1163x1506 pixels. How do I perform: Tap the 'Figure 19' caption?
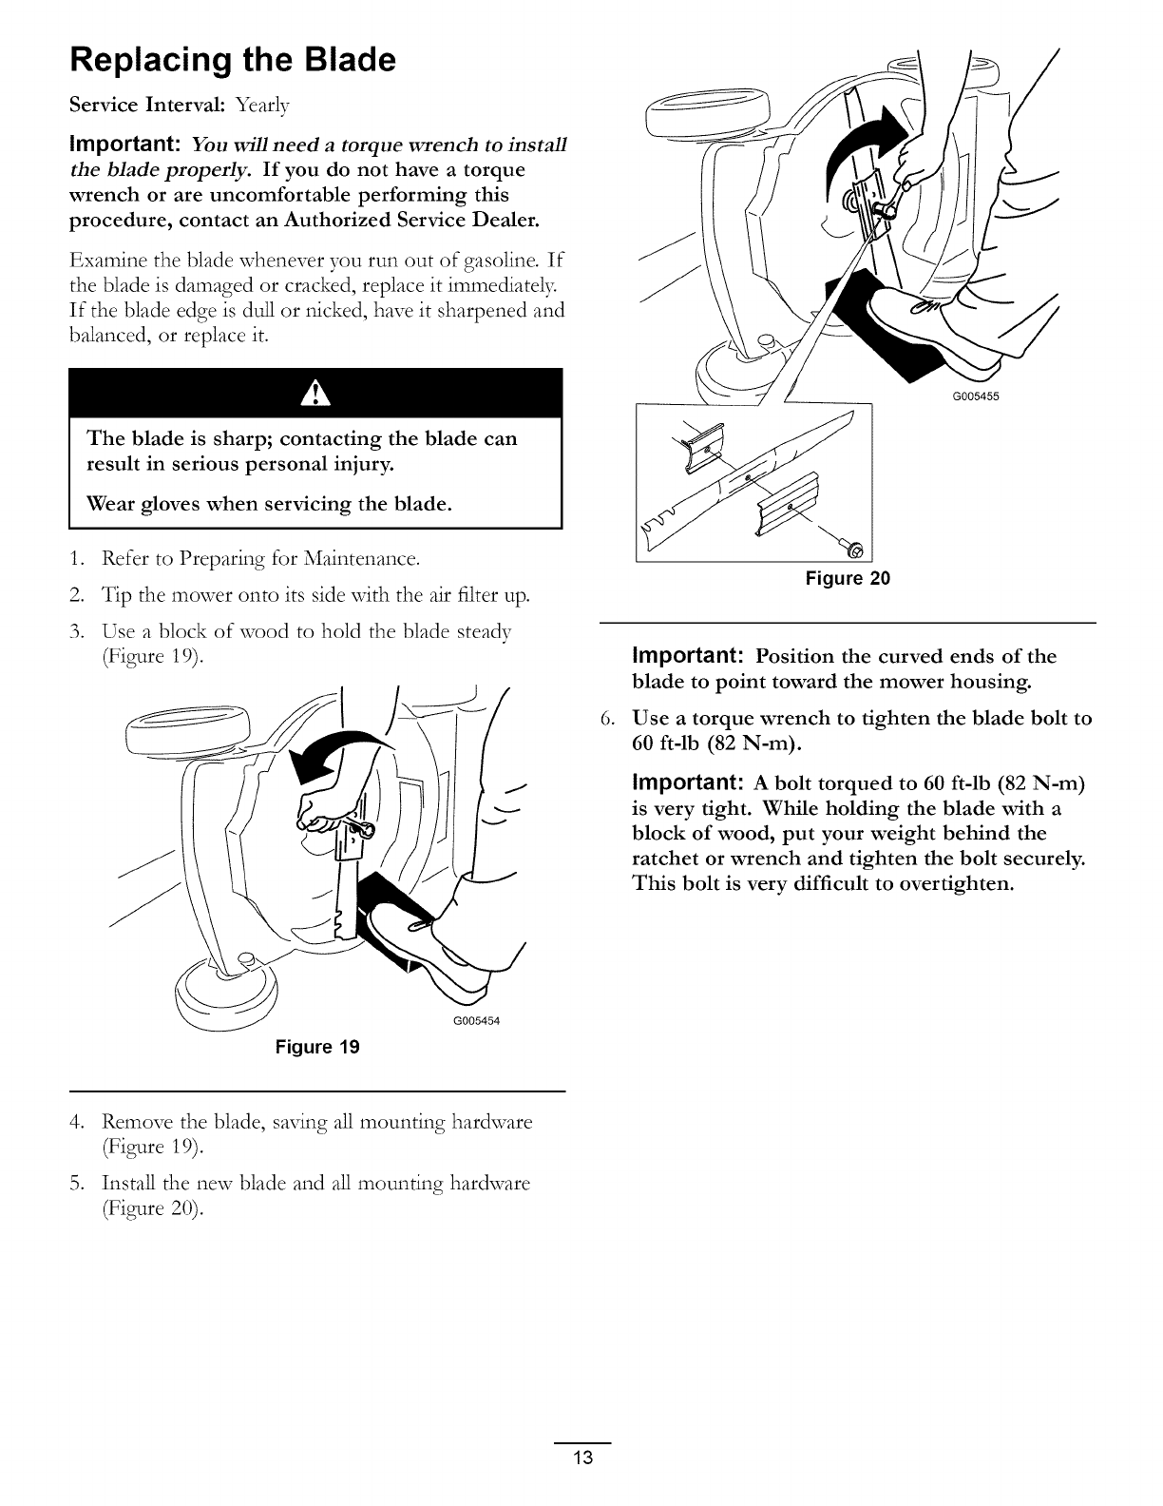point(317,1048)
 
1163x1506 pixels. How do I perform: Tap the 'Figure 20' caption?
point(848,578)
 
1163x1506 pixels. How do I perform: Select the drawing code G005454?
point(473,1021)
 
